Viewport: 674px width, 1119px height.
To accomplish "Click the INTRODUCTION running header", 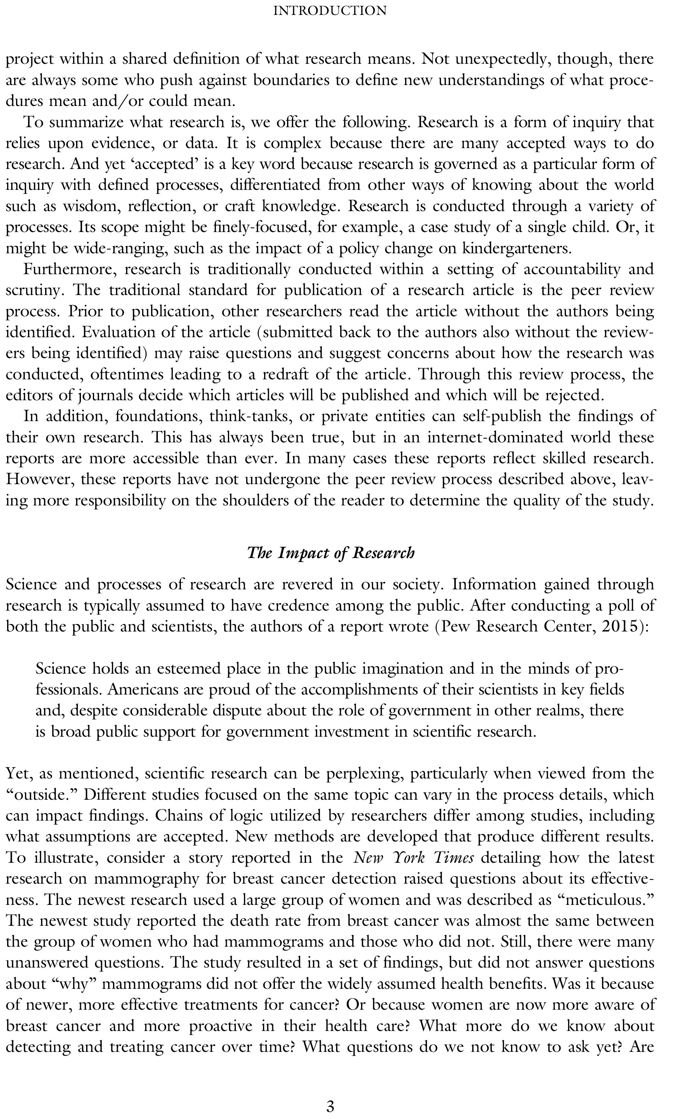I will click(330, 10).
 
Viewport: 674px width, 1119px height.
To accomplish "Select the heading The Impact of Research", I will click(330, 553).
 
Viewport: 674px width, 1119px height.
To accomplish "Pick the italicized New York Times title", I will click(414, 858).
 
